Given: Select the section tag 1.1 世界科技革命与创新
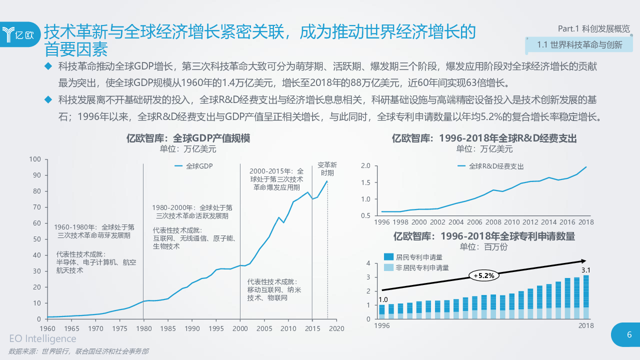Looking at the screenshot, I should (x=579, y=45).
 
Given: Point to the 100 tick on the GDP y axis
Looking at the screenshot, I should (x=34, y=159).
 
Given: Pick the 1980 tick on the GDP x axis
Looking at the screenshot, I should (x=143, y=328).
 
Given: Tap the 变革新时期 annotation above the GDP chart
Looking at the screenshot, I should (x=327, y=168).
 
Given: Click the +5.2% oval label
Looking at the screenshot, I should (x=483, y=275).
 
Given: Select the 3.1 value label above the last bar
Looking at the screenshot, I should (x=586, y=270).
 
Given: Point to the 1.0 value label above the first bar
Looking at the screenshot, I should (x=382, y=299).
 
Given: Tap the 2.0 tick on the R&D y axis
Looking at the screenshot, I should (x=365, y=166).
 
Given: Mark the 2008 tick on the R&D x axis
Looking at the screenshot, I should (x=493, y=222).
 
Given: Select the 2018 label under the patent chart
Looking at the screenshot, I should (x=585, y=325).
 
